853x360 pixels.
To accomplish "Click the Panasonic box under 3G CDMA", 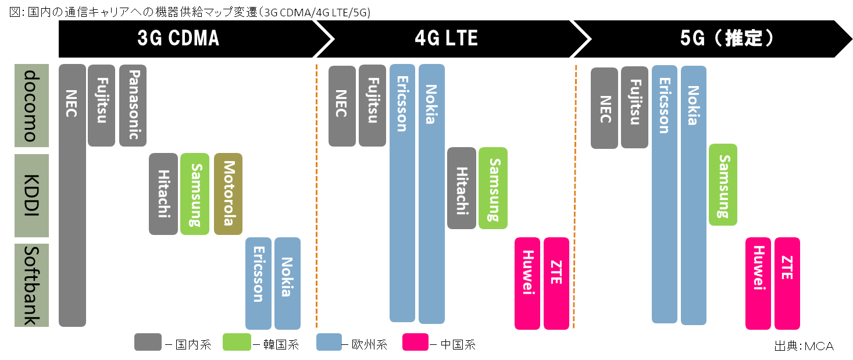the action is (133, 105).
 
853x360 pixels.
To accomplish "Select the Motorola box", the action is (228, 194).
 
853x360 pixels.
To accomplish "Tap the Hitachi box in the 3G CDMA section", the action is (163, 194).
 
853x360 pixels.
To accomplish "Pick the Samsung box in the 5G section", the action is (723, 185).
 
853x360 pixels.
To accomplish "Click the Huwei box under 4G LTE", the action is (527, 283).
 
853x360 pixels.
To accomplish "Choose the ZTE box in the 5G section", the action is (787, 283).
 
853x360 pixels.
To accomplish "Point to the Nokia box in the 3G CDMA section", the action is (287, 283).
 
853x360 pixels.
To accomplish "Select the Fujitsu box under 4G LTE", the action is (373, 105).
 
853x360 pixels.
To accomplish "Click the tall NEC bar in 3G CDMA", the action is (72, 195).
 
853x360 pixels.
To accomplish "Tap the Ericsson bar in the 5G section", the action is (665, 194).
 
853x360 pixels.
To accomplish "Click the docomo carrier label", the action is (31, 105).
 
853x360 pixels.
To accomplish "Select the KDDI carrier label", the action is (31, 195).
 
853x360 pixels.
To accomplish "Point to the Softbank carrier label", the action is (31, 285).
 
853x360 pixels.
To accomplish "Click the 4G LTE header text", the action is (446, 38).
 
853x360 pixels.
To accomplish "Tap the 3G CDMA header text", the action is (178, 38).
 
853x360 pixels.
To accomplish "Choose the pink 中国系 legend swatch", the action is (416, 342).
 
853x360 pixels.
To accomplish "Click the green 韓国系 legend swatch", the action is (237, 342).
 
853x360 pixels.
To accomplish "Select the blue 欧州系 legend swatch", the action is (329, 342).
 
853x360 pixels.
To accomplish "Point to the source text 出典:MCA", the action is (804, 345).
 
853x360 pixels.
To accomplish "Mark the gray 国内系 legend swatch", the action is (148, 342).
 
